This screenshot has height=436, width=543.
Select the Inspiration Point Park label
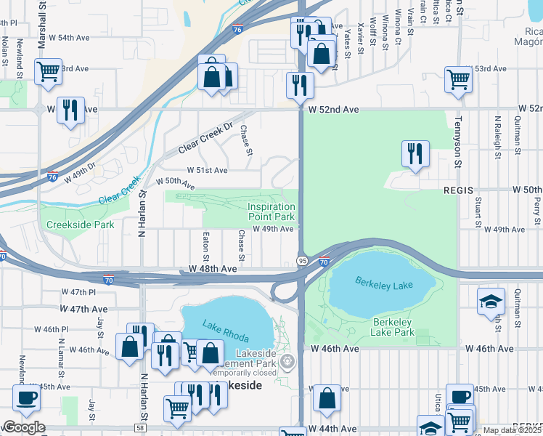(271, 212)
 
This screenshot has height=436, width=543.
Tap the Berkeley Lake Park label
(393, 327)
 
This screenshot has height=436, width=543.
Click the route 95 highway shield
(301, 261)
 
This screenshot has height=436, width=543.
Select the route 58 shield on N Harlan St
(140, 429)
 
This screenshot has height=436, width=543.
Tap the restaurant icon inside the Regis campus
(415, 153)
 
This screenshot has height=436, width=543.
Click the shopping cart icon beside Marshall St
(48, 73)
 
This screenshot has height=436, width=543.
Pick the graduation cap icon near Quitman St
(491, 300)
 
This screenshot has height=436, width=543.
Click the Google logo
(23, 427)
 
